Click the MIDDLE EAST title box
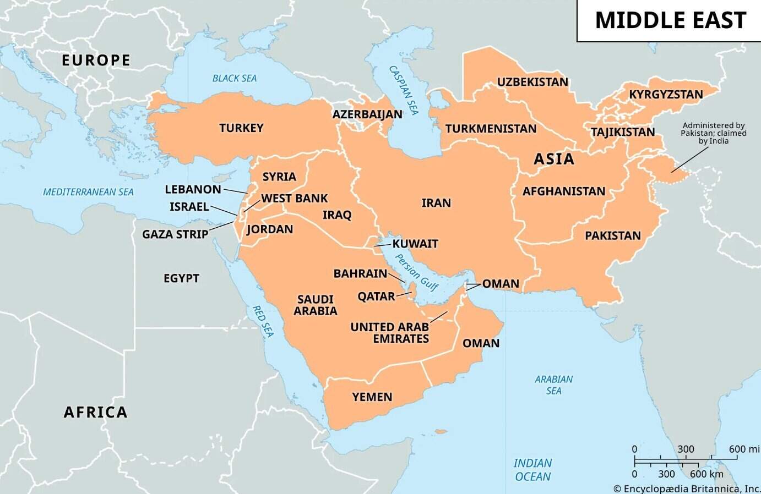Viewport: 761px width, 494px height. click(670, 20)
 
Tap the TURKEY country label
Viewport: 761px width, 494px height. click(241, 128)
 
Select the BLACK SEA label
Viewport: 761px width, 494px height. click(235, 78)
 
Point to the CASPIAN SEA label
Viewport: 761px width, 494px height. click(404, 90)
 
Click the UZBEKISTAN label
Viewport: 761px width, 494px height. click(532, 83)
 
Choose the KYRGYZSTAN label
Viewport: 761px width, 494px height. click(666, 95)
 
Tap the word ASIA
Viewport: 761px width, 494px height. click(554, 159)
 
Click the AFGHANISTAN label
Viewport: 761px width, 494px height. click(563, 191)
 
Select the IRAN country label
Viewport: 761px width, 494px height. click(436, 203)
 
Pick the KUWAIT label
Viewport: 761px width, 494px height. click(415, 244)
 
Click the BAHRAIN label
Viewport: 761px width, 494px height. click(360, 273)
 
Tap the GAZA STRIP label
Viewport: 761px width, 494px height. click(175, 234)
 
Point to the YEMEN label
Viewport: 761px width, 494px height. click(372, 397)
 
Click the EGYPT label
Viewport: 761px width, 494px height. click(181, 278)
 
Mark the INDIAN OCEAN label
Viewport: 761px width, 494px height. click(532, 470)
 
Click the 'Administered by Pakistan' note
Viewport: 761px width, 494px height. click(713, 133)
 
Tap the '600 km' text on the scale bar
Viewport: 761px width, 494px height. click(706, 474)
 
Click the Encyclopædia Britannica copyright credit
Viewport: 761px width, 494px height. click(687, 488)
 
